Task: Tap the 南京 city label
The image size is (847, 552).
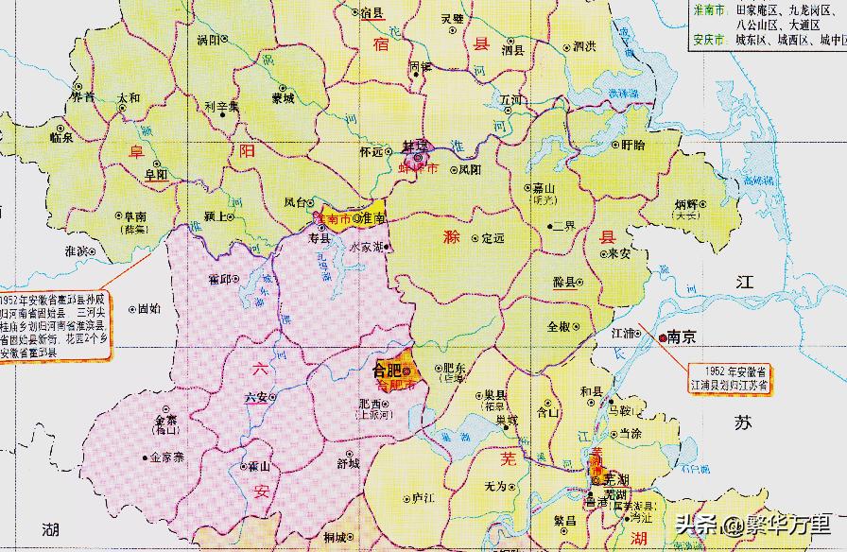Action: (682, 336)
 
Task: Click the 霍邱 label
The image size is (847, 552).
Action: (219, 280)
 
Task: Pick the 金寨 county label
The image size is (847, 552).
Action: (166, 423)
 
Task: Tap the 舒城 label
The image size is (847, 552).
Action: (348, 463)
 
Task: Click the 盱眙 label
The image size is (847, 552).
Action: (633, 146)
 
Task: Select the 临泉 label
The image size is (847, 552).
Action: (61, 137)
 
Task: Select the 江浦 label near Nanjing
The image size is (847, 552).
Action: (625, 334)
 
